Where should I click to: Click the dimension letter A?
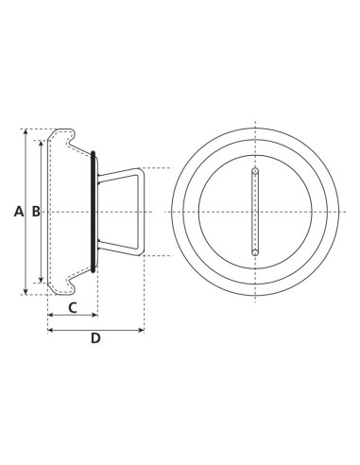pos(19,212)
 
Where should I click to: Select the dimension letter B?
pos(35,212)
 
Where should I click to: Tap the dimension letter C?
pos(72,308)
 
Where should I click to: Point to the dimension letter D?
pos(94,339)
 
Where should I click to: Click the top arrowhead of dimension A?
pos(26,132)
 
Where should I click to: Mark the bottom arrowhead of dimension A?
pos(26,291)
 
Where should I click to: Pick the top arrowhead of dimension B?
pos(42,144)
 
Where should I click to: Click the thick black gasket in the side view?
pos(94,212)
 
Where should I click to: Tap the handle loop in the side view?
pos(141,212)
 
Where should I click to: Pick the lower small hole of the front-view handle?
pos(255,252)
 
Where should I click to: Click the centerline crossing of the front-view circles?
pos(255,212)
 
